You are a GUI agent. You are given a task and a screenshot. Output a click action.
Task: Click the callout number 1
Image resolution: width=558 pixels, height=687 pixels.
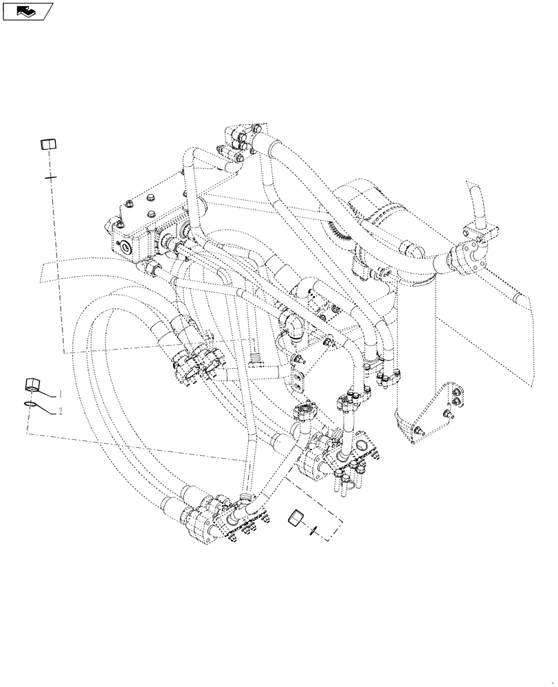(61, 394)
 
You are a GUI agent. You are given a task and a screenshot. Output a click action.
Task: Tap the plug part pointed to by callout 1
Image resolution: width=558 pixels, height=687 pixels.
(32, 383)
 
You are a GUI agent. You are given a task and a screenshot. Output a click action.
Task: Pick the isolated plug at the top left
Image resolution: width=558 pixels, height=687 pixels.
(47, 144)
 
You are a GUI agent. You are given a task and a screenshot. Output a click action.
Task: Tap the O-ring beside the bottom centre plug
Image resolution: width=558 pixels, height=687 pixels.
(313, 528)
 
